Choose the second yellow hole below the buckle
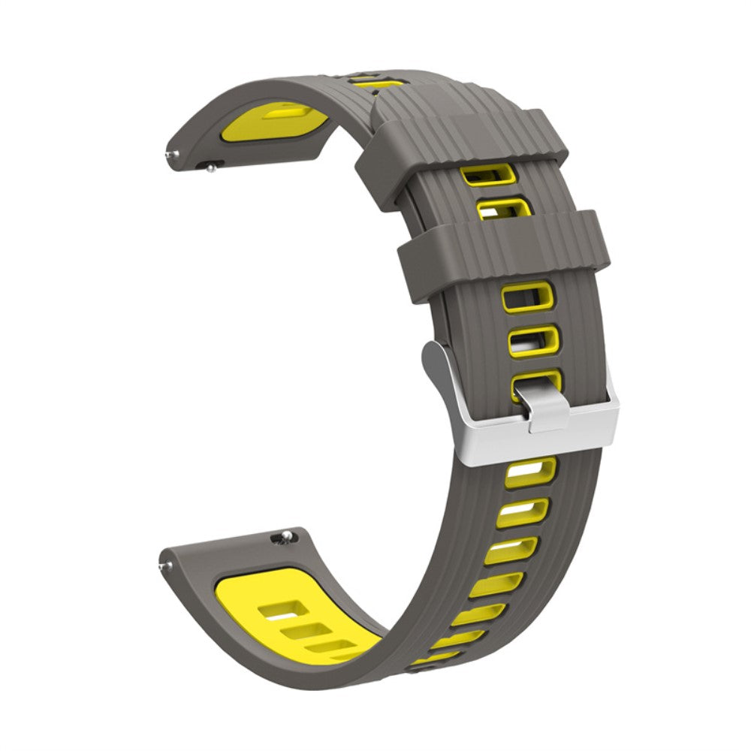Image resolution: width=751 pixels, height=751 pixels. pos(522,513)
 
